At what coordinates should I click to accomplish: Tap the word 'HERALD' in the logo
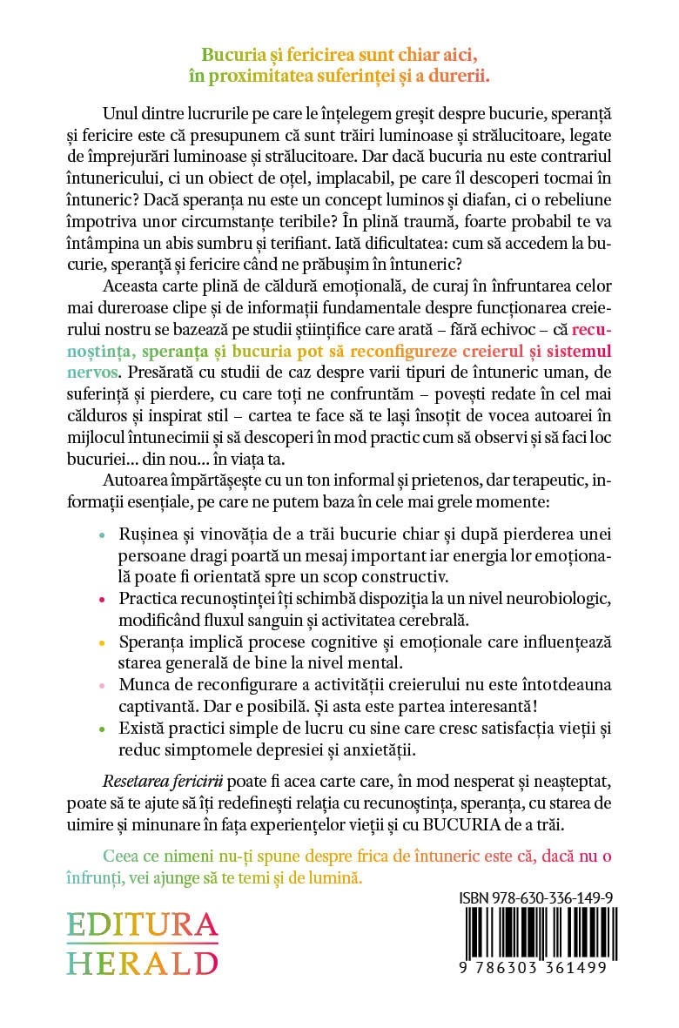click(143, 964)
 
